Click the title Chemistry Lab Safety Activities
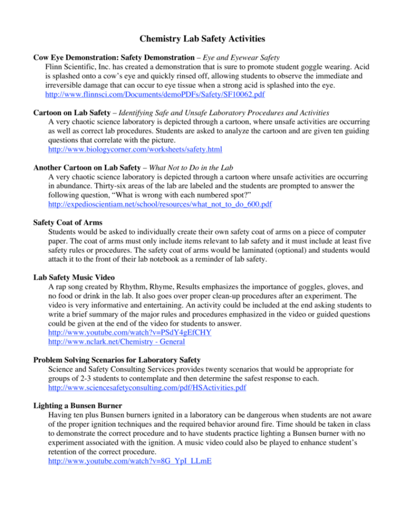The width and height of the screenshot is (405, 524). click(202, 38)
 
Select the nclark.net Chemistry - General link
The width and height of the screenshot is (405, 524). click(117, 341)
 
